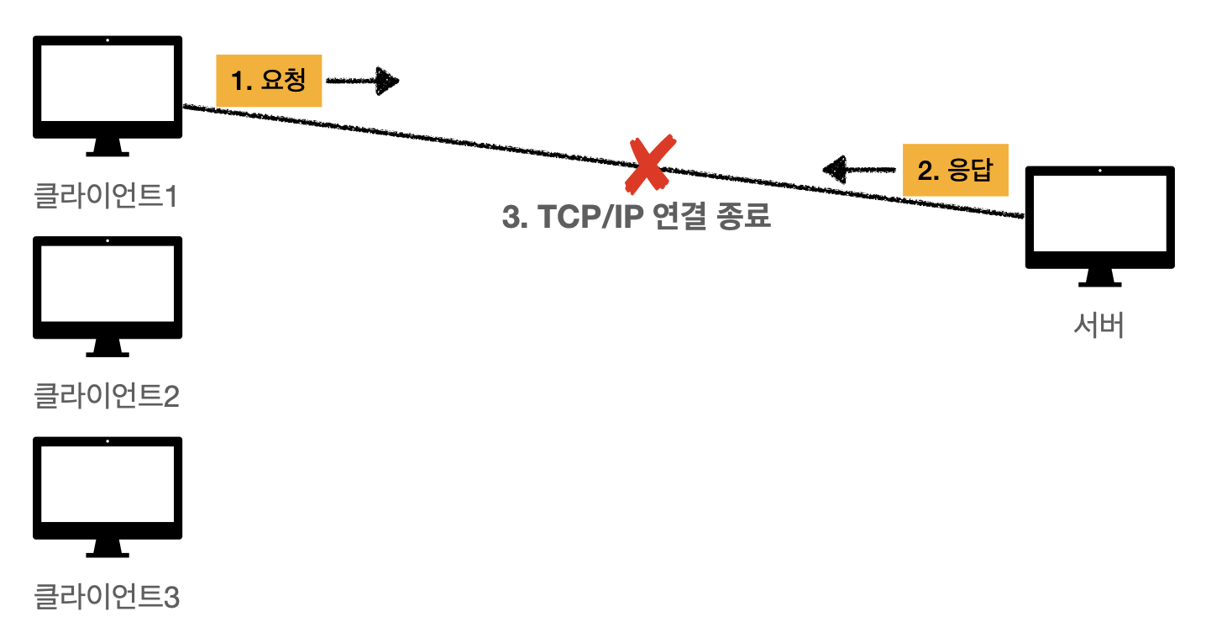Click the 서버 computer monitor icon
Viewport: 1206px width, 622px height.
tap(1099, 218)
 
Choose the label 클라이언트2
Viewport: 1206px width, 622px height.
tap(106, 396)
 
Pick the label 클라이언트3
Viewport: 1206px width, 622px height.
tap(106, 597)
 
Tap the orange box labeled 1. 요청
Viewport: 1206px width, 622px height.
tap(269, 81)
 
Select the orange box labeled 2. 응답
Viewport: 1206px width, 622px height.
tap(955, 171)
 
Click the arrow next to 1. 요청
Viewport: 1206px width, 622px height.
tap(363, 81)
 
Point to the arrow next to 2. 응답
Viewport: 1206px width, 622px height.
tap(858, 170)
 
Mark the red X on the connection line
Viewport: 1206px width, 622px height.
tap(650, 164)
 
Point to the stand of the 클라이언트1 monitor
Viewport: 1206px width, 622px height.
tap(107, 148)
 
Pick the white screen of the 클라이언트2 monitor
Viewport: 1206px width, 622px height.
tap(107, 283)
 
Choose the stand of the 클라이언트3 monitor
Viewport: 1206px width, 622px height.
tap(107, 549)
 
